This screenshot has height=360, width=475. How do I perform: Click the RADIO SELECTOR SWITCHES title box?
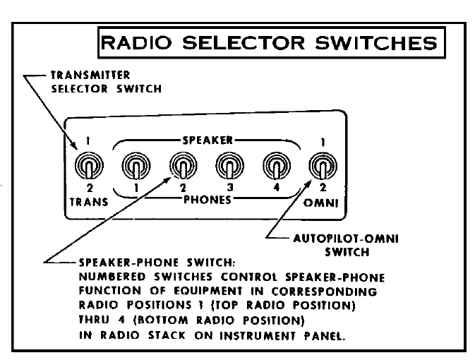tap(277, 44)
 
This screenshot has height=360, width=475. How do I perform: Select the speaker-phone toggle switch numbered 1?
tap(134, 168)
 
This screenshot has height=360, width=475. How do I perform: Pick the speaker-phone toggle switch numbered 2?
tap(180, 168)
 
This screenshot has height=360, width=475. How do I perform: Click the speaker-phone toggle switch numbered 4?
tap(274, 168)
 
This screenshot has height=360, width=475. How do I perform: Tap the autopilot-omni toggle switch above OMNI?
tap(320, 168)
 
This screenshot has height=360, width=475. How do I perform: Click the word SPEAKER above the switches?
tap(204, 140)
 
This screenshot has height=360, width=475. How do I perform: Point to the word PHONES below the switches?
tap(204, 200)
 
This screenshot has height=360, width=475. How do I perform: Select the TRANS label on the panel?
tap(88, 201)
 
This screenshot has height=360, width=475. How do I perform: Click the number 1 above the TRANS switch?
tap(88, 140)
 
